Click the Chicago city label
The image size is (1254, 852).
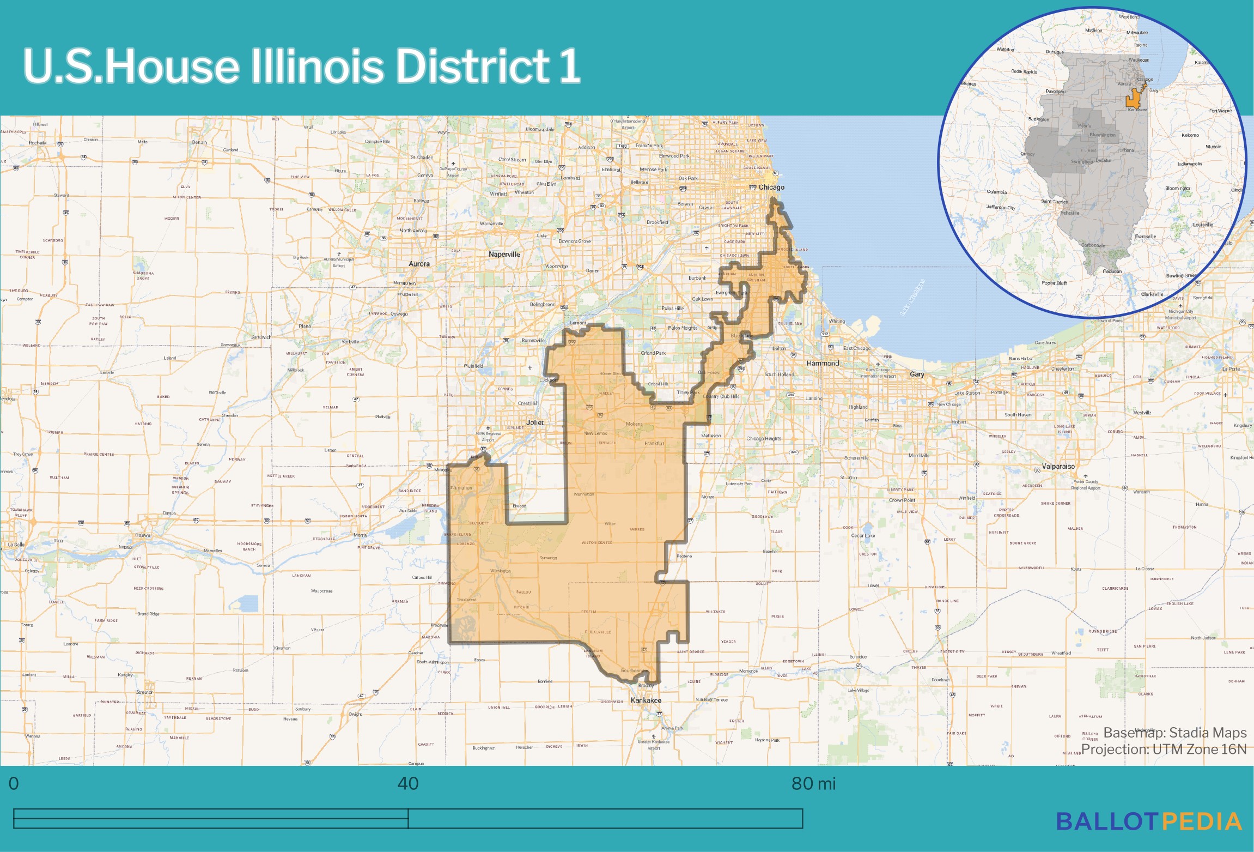[771, 187]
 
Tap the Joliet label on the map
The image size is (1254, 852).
[534, 422]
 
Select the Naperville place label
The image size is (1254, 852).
[504, 254]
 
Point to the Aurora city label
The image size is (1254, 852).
[419, 264]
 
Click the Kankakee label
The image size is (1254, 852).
[646, 700]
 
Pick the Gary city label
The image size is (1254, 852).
[917, 374]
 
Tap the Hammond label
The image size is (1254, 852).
[823, 363]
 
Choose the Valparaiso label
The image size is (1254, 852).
[1058, 466]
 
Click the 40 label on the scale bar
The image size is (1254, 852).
[408, 783]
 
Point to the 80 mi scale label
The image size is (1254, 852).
[813, 783]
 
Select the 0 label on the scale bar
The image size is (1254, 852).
[14, 783]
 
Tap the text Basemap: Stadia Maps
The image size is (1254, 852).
[1175, 733]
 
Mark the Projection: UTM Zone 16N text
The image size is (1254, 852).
[1164, 750]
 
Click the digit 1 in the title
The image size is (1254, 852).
[570, 67]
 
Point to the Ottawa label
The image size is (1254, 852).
[143, 535]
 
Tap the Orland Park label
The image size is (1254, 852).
[653, 353]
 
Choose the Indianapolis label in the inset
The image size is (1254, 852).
[1189, 164]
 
